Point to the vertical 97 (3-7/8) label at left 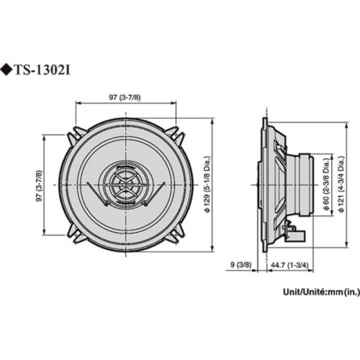(x=39, y=185)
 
